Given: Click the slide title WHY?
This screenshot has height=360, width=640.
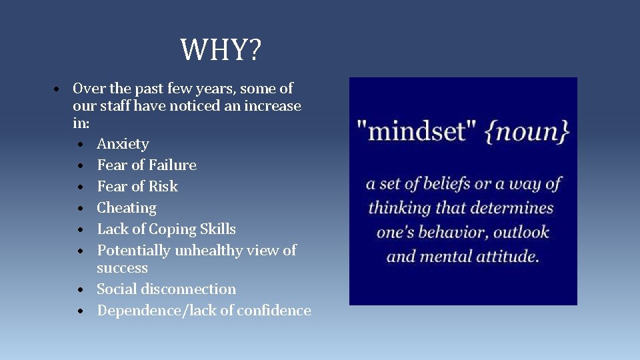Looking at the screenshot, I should pyautogui.click(x=221, y=50).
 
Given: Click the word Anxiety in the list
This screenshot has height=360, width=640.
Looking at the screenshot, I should pyautogui.click(x=123, y=144).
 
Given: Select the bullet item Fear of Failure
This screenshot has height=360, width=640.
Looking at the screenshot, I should pyautogui.click(x=147, y=165).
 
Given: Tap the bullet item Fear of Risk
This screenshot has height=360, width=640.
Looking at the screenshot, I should pyautogui.click(x=137, y=187).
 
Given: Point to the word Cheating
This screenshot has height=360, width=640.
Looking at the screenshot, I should pyautogui.click(x=127, y=208).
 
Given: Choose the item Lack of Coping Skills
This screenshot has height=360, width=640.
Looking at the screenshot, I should pyautogui.click(x=166, y=229).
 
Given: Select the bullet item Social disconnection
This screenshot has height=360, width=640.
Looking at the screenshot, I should pyautogui.click(x=166, y=289).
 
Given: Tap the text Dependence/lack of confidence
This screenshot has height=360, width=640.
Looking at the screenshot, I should pyautogui.click(x=204, y=311).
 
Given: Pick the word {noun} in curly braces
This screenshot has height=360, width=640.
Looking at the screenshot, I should pyautogui.click(x=527, y=131).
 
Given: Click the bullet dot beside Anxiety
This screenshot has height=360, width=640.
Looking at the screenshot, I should pyautogui.click(x=79, y=145).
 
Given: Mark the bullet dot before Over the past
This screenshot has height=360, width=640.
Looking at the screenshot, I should pyautogui.click(x=59, y=89).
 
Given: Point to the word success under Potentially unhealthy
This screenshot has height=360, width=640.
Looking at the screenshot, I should pyautogui.click(x=122, y=268).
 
